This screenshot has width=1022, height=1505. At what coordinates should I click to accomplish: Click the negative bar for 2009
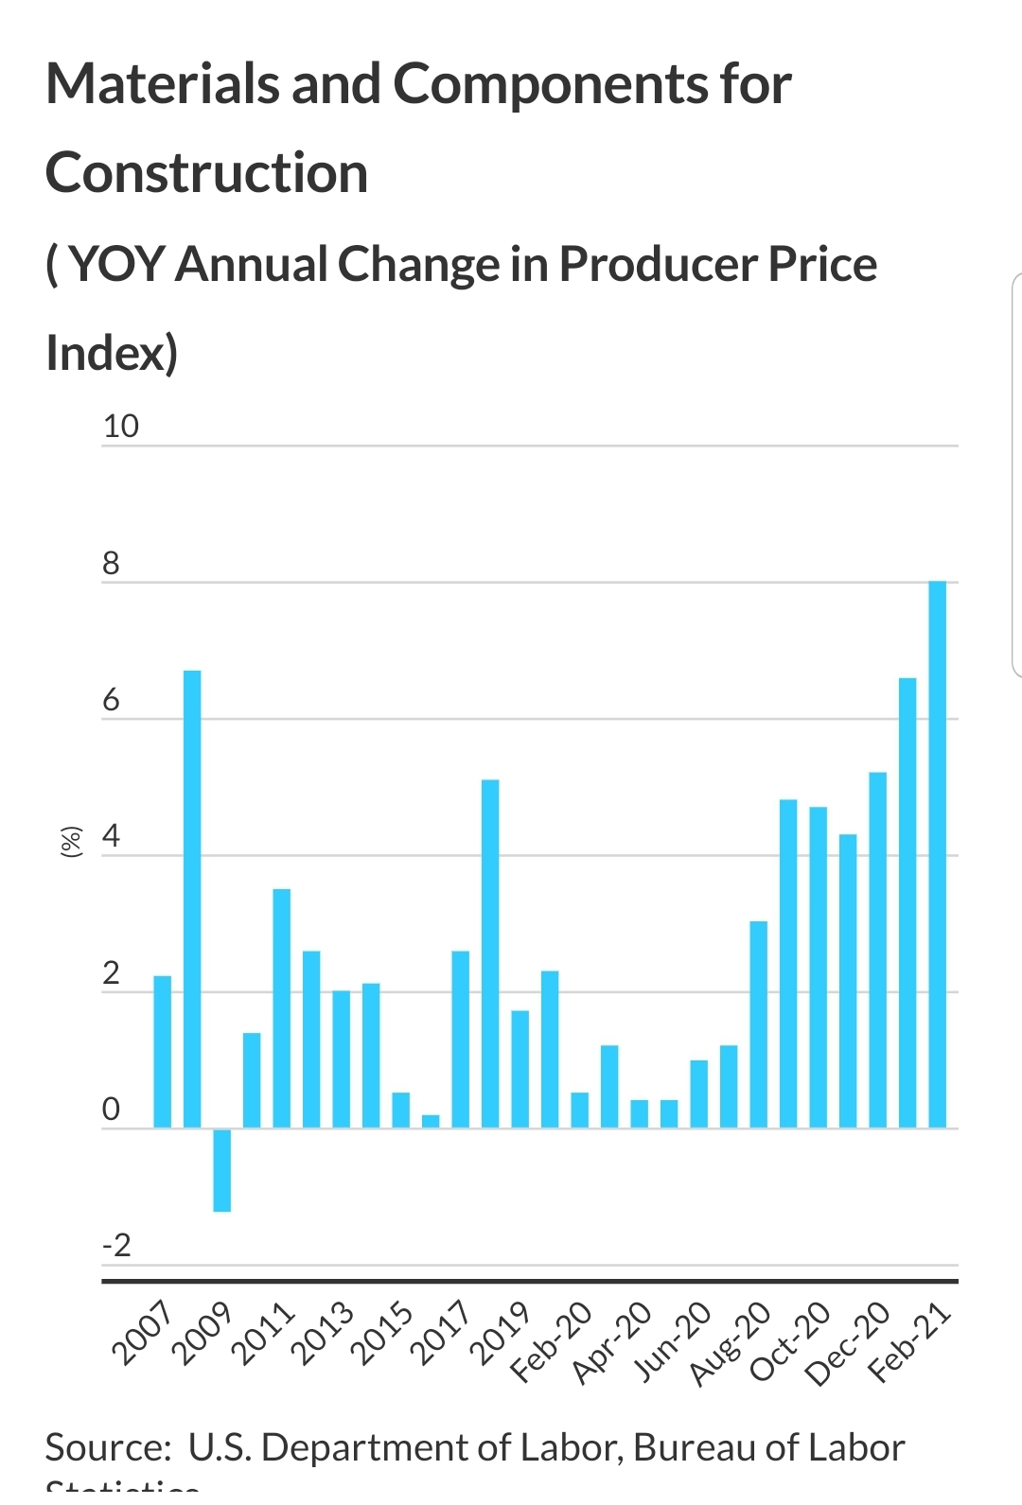click(x=222, y=1169)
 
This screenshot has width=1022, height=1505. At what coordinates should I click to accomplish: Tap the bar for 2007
click(x=163, y=1051)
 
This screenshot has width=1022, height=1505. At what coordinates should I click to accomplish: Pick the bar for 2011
click(x=282, y=1008)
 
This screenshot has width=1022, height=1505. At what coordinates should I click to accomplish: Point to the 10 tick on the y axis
click(x=121, y=427)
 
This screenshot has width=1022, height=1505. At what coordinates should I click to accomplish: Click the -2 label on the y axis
click(x=117, y=1245)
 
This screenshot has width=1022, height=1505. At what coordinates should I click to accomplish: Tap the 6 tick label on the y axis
click(x=112, y=700)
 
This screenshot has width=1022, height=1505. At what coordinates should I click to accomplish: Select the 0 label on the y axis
click(x=112, y=1109)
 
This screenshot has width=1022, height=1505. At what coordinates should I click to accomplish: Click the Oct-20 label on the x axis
click(x=789, y=1342)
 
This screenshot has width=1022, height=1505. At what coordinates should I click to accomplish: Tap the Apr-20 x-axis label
click(x=612, y=1343)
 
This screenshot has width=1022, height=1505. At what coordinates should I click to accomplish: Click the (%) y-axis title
click(x=71, y=841)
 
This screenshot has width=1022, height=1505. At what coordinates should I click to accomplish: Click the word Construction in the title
click(x=207, y=174)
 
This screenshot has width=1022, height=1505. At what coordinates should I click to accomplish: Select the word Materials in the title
click(x=163, y=84)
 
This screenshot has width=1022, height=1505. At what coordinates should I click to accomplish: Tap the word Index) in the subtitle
click(x=112, y=353)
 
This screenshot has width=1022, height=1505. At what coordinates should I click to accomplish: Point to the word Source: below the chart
click(x=108, y=1447)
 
